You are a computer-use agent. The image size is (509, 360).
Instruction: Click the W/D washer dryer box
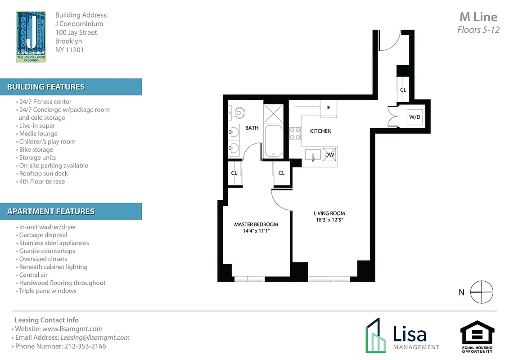click(x=414, y=117)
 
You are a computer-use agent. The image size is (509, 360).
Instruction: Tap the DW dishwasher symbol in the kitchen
click(x=329, y=155)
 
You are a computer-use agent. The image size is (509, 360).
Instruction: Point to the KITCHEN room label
click(x=320, y=131)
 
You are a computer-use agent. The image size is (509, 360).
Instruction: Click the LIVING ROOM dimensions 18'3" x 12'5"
click(x=329, y=220)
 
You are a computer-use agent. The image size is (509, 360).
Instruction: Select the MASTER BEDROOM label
click(x=256, y=224)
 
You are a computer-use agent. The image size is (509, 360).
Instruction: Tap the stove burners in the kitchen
click(x=295, y=133)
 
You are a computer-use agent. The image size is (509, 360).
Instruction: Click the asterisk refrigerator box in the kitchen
click(x=329, y=108)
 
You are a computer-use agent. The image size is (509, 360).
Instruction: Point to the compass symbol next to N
click(x=482, y=292)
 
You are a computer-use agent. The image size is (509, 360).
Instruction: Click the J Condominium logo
click(x=31, y=37)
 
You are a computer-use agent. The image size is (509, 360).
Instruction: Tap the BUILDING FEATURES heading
click(x=46, y=87)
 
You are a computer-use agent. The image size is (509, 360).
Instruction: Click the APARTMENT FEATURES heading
click(x=51, y=211)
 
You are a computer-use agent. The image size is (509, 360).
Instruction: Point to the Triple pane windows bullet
click(x=47, y=291)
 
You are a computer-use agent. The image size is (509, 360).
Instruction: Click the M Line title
click(x=478, y=17)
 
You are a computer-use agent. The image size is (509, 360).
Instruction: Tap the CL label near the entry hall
click(x=403, y=90)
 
